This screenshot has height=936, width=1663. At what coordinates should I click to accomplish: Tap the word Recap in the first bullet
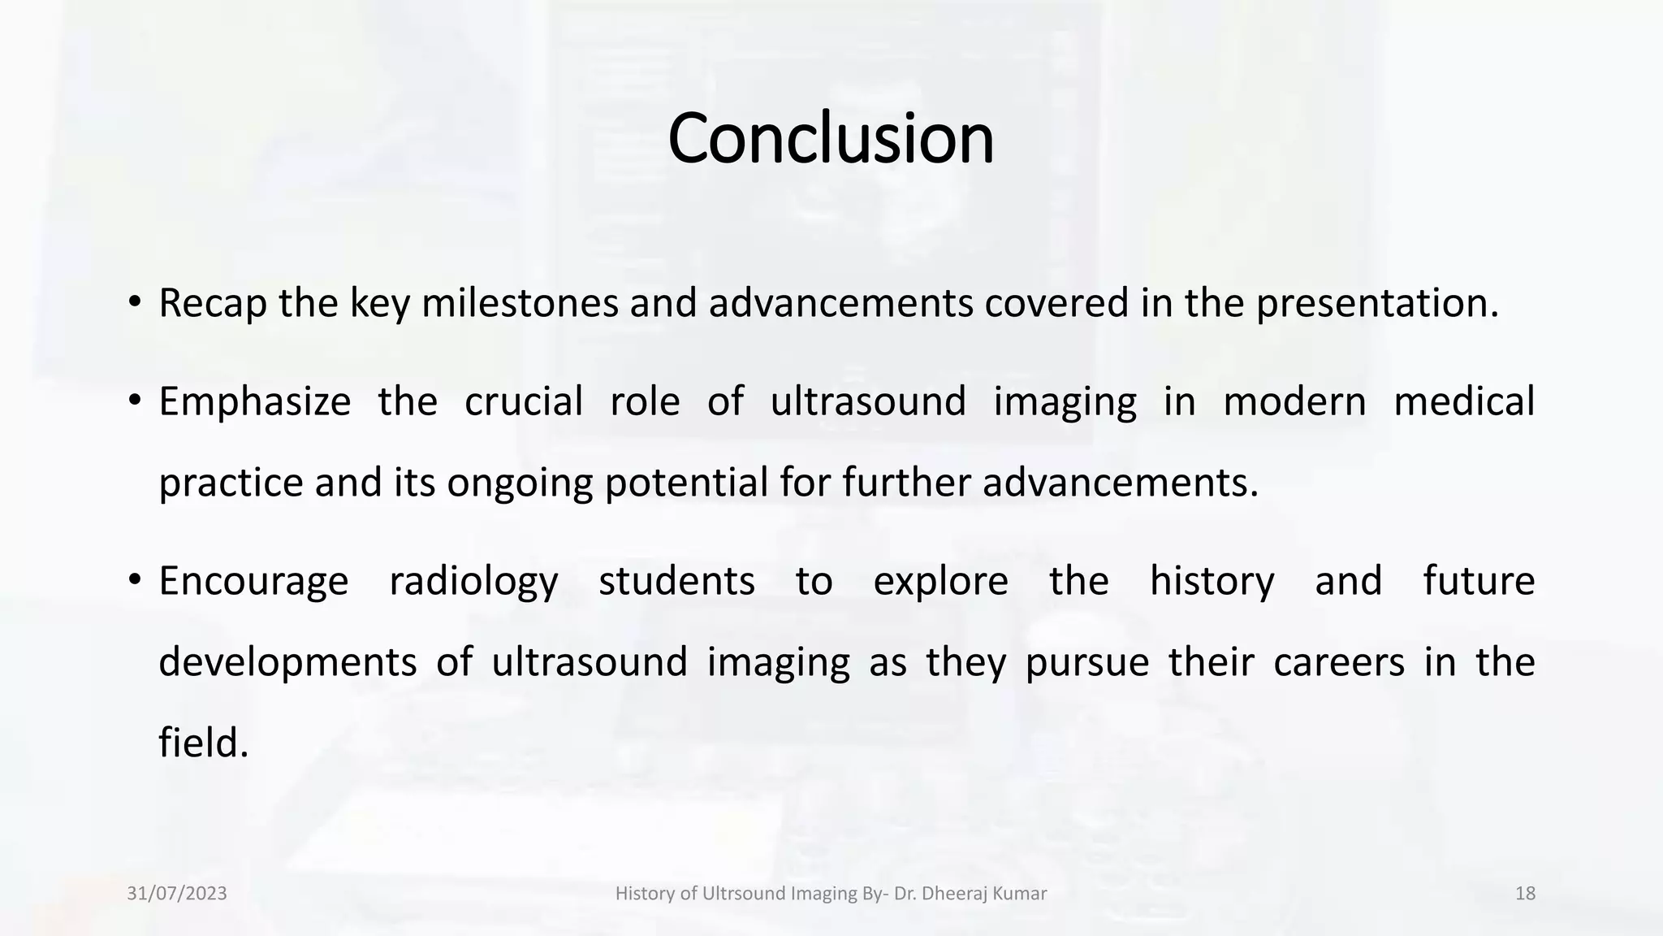(x=212, y=304)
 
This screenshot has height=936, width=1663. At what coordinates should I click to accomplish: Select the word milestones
(x=520, y=303)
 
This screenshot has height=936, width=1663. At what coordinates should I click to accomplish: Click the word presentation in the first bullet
(x=1376, y=304)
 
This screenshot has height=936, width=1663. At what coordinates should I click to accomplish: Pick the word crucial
(x=523, y=401)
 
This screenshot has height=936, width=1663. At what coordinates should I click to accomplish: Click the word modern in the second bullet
(x=1294, y=401)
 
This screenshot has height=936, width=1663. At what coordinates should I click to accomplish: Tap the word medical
(x=1463, y=401)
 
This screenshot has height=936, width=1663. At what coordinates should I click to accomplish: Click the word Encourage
(x=253, y=582)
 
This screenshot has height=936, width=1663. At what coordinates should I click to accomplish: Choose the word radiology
(x=473, y=582)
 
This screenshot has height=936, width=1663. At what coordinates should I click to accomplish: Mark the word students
(x=676, y=581)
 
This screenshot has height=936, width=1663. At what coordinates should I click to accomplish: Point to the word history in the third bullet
(x=1212, y=582)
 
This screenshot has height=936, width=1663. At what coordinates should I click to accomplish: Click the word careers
(x=1338, y=662)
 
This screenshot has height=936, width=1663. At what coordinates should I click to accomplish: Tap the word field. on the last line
(x=203, y=743)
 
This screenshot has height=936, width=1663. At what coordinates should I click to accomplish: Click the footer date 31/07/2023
(x=177, y=894)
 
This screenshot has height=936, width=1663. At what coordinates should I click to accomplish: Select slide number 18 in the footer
(x=1525, y=894)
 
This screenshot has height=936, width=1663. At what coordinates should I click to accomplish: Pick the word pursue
(x=1086, y=663)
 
